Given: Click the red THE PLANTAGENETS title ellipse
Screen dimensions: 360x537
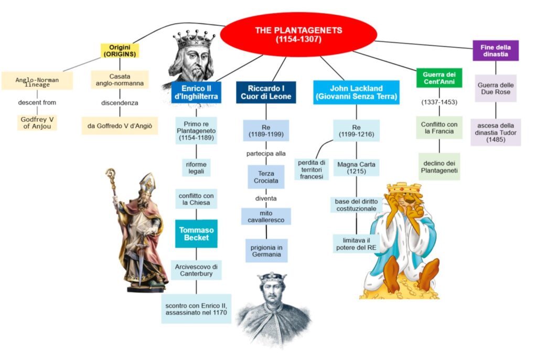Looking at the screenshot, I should click(x=298, y=34).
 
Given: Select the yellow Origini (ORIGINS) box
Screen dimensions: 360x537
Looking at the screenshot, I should click(x=120, y=50).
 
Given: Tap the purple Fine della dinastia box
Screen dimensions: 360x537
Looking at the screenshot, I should click(x=496, y=51).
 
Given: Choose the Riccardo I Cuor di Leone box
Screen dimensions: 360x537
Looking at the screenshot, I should click(x=265, y=92).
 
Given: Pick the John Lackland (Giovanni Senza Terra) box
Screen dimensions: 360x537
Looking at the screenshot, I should click(x=356, y=92).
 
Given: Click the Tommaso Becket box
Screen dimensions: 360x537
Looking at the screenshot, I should click(x=197, y=234).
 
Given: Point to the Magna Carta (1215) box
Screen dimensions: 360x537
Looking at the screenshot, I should click(x=357, y=168).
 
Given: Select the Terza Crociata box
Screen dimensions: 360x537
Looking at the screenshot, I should click(x=266, y=177).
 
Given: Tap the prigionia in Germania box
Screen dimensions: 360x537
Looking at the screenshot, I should click(x=266, y=251).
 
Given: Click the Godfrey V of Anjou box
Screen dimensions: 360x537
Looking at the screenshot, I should click(x=37, y=123).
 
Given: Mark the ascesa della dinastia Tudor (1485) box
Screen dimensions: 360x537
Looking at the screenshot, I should click(x=496, y=132).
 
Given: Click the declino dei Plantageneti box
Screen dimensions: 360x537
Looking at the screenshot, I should click(x=439, y=166).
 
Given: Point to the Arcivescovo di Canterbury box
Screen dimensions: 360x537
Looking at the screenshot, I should click(x=196, y=270).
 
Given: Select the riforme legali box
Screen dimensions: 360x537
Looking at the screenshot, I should click(x=196, y=167).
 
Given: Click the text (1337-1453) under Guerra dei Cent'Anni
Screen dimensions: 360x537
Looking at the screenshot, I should click(x=439, y=102).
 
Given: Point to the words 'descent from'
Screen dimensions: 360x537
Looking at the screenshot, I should click(x=37, y=102).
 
